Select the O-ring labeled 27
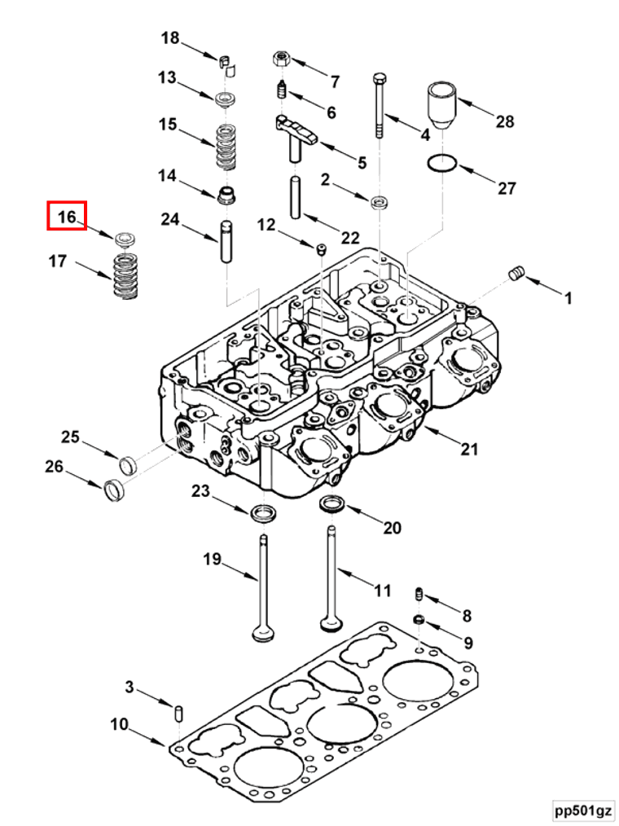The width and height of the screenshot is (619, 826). pos(441,164)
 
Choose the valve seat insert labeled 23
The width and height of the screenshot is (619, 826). pos(264,512)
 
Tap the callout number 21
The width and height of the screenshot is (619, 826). pos(469,449)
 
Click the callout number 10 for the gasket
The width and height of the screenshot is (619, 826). pos(119,723)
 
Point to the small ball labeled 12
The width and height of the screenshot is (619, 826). pos(321,247)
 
